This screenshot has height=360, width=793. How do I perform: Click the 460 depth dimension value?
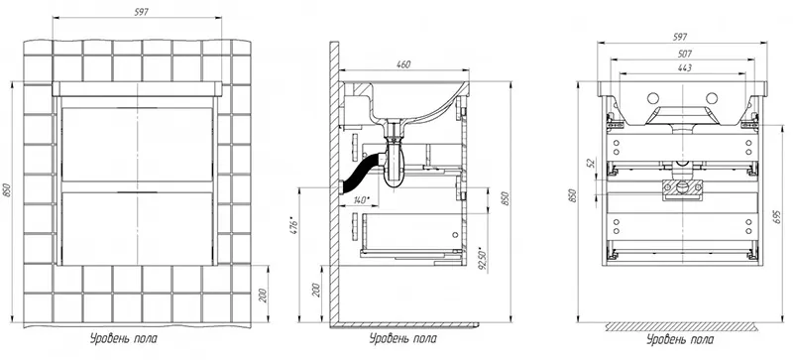(x=403, y=63)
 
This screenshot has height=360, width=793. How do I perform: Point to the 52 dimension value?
(x=589, y=163)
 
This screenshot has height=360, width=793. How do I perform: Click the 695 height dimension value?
(x=777, y=216)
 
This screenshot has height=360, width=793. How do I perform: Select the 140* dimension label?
(x=360, y=200)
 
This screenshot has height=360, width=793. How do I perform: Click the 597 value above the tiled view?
(x=141, y=13)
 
